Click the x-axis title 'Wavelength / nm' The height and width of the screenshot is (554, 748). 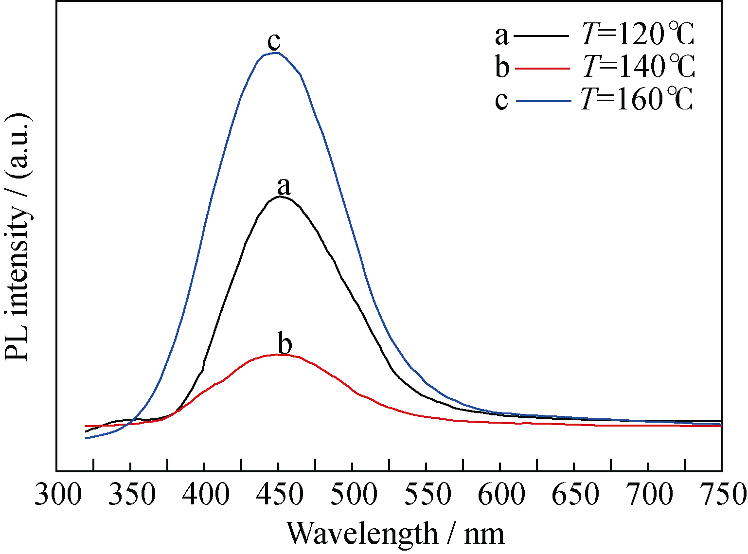[395, 534]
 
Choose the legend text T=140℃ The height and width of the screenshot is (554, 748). [638, 67]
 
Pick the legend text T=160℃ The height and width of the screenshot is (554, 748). [637, 100]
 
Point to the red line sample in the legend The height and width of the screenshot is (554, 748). [542, 69]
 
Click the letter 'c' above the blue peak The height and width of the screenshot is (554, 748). [274, 42]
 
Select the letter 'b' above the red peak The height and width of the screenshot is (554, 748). [285, 344]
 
